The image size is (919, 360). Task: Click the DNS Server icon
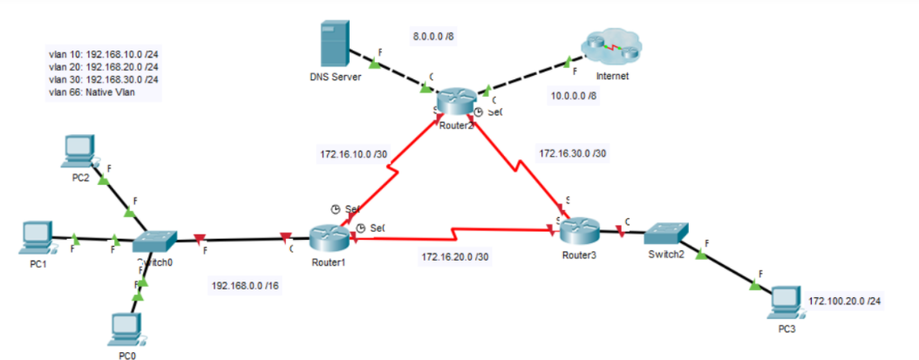pos(331,44)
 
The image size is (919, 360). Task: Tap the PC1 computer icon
pos(37,235)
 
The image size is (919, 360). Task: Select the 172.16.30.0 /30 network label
pos(573,153)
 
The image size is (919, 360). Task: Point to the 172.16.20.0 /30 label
pos(456,257)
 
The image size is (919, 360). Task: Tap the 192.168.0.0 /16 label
pos(245,285)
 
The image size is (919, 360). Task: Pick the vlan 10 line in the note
pos(103,54)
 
